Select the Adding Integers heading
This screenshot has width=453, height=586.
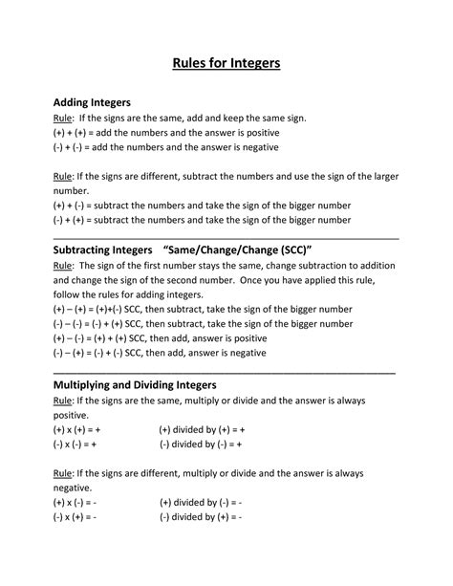[x=91, y=101]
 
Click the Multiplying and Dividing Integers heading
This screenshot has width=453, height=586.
[x=135, y=384]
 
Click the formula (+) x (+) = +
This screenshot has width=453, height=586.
[x=75, y=431]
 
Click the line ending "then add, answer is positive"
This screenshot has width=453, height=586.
[x=159, y=338]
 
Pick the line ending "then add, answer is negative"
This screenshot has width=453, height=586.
[x=159, y=353]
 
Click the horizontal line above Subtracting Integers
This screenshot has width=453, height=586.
[x=226, y=236]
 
